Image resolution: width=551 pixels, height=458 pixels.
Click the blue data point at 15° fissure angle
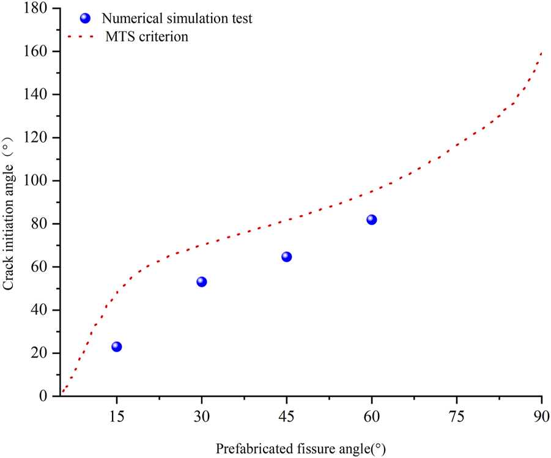[116, 347]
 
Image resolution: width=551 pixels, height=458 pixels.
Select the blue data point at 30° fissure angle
[201, 282]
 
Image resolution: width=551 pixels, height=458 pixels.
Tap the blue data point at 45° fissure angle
[286, 257]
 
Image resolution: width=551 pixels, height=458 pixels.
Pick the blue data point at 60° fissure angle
[371, 220]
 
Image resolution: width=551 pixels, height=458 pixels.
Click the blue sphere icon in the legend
[85, 18]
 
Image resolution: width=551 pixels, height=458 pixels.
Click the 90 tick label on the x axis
[541, 416]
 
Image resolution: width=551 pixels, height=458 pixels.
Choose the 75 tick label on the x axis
[456, 416]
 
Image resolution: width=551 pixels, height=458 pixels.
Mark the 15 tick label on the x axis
[116, 416]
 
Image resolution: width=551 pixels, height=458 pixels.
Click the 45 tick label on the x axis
[286, 416]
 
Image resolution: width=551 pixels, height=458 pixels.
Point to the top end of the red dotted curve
[541, 53]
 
